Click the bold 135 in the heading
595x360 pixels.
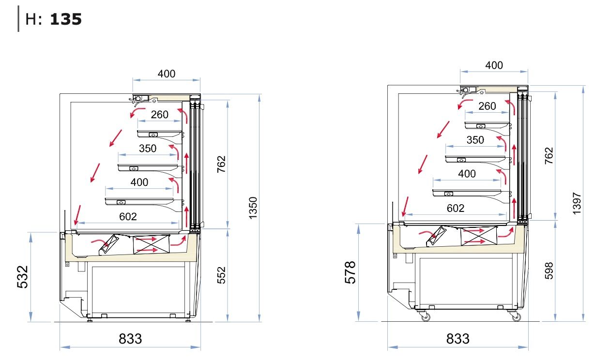pyautogui.click(x=66, y=19)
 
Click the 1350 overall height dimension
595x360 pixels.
pyautogui.click(x=253, y=208)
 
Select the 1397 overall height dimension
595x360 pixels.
pyautogui.click(x=577, y=203)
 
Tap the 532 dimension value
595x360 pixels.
pyautogui.click(x=22, y=277)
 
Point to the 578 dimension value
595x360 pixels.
pyautogui.click(x=351, y=272)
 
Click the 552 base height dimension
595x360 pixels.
pyautogui.click(x=221, y=275)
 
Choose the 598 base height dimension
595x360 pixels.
pyautogui.click(x=549, y=271)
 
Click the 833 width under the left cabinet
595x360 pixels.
pyautogui.click(x=130, y=339)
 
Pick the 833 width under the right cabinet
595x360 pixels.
pyautogui.click(x=458, y=339)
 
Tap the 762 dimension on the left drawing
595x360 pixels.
pyautogui.click(x=221, y=165)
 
